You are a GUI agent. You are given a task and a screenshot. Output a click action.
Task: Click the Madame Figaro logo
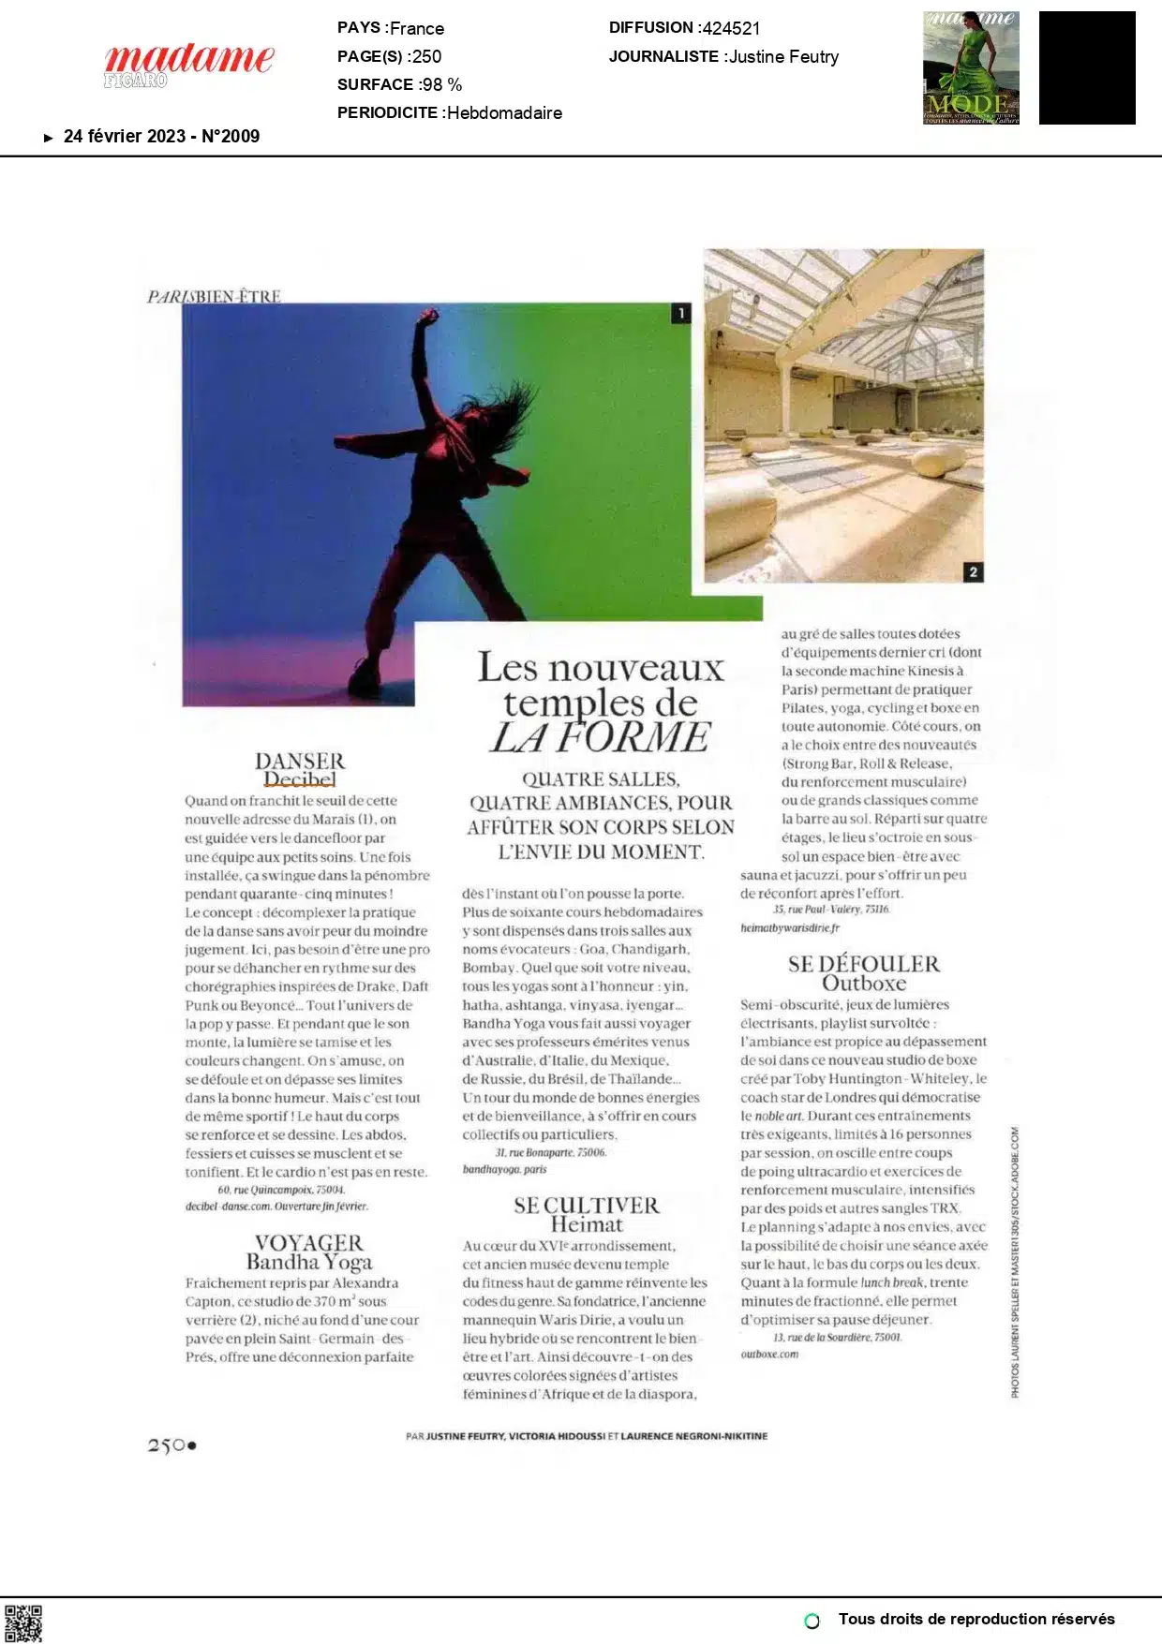(x=188, y=64)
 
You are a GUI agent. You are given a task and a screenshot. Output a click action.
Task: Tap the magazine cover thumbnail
(x=971, y=67)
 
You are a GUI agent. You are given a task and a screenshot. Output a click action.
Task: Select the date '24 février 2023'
(x=125, y=137)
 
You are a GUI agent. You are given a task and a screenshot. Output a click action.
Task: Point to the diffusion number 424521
(x=731, y=28)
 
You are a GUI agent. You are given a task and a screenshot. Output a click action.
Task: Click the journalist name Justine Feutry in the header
(x=783, y=57)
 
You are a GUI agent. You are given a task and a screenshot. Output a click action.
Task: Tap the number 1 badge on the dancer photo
(x=680, y=314)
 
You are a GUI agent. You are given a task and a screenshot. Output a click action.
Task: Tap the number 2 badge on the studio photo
(x=973, y=571)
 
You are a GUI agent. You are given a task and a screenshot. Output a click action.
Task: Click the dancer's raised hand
(x=428, y=318)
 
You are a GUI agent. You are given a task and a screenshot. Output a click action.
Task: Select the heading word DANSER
(x=300, y=761)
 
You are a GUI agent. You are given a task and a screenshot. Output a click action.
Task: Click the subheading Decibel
(x=300, y=779)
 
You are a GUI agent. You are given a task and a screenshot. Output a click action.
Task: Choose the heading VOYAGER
(x=309, y=1243)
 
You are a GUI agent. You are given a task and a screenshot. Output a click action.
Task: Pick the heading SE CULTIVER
(x=587, y=1206)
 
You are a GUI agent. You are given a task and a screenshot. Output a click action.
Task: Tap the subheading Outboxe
(x=864, y=984)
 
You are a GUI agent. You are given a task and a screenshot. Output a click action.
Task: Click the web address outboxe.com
(x=769, y=1354)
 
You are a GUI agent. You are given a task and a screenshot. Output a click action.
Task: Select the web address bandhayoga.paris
(x=504, y=1169)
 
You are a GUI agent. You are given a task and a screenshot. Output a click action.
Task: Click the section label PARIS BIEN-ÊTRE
(x=214, y=297)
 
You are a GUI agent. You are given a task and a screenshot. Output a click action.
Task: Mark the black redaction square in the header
(x=1087, y=67)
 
